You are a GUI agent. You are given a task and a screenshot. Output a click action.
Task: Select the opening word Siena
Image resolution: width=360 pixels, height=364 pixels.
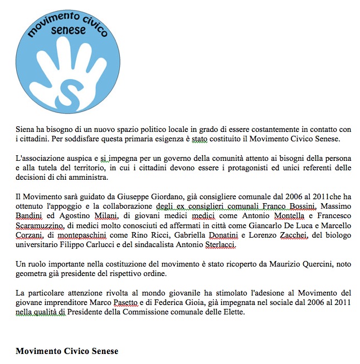coord(26,129)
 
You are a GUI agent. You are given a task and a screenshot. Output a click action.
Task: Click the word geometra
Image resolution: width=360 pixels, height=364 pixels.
coord(32,273)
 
